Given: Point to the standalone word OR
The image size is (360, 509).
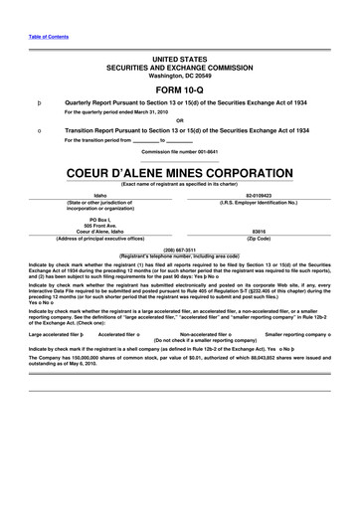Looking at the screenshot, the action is [x=179, y=122].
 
